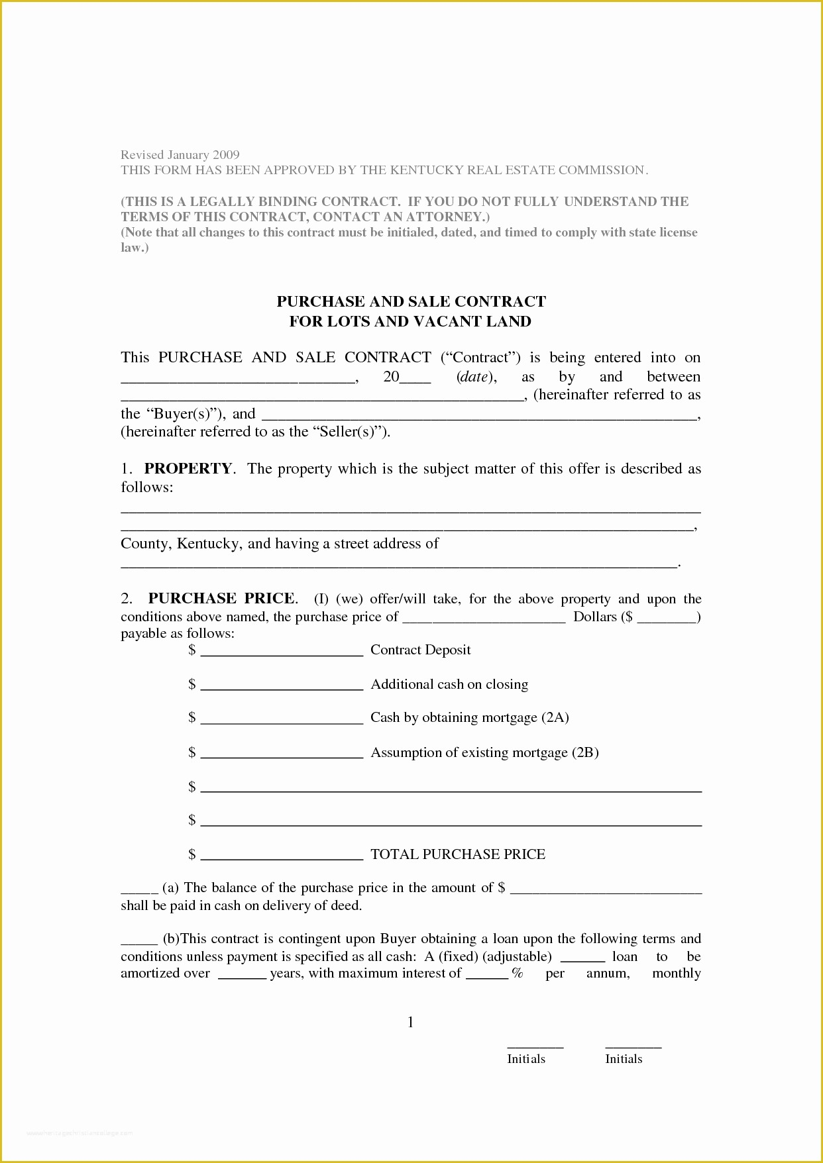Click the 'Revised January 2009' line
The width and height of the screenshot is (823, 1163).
point(180,155)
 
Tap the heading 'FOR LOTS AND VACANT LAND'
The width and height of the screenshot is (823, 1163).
point(410,322)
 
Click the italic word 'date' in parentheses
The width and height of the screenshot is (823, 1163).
point(474,377)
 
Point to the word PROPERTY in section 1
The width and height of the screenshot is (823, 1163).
point(188,469)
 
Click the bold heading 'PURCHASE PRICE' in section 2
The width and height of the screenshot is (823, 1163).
point(221,599)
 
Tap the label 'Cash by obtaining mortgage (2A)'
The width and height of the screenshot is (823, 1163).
point(469,717)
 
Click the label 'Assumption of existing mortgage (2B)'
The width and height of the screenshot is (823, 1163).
point(484,752)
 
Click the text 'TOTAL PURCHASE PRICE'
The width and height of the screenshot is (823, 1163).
point(458,854)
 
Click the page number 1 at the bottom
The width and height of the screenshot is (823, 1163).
point(411,1023)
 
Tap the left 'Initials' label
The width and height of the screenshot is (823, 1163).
point(526,1059)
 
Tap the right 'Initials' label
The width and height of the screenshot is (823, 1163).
point(624,1059)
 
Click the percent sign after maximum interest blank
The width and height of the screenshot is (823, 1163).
point(518,974)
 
